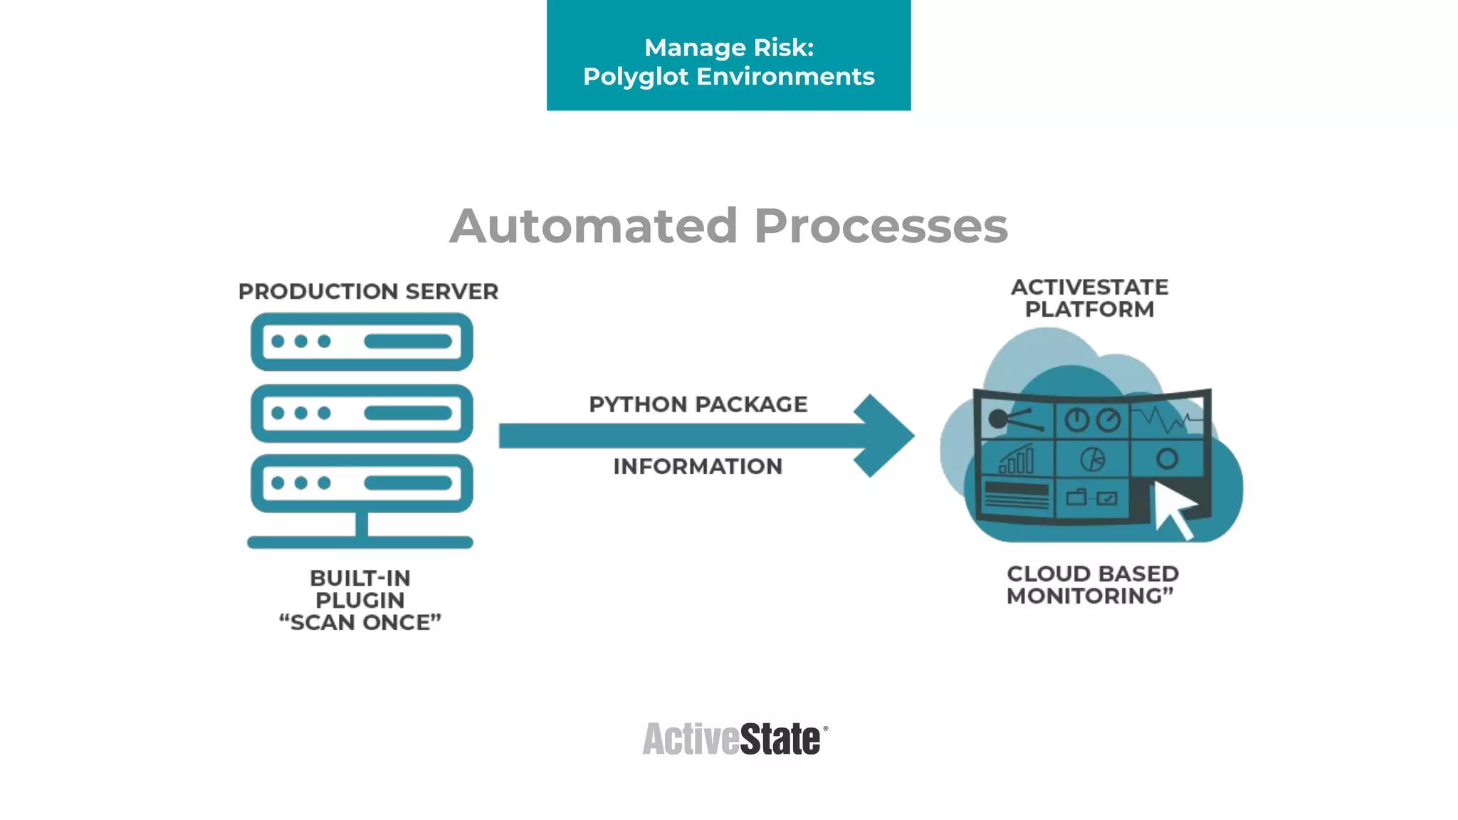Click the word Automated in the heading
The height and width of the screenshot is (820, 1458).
coord(593,226)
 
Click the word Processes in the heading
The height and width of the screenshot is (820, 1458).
coord(881,226)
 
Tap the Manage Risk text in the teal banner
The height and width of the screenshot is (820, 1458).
coord(728,48)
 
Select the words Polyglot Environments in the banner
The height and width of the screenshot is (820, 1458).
coord(728,77)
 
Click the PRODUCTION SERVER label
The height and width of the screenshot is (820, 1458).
coord(368,292)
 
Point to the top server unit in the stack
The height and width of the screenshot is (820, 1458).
coord(362,342)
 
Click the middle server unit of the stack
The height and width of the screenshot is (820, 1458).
coord(362,413)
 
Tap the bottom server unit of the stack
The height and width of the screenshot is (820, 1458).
coord(362,483)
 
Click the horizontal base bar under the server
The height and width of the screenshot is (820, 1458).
coord(360,542)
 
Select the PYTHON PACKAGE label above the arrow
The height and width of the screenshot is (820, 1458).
coord(698,404)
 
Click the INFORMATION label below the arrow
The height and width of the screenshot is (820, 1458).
coord(698,466)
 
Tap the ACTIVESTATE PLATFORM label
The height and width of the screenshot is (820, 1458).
coord(1089,298)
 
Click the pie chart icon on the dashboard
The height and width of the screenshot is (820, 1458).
coord(1092,460)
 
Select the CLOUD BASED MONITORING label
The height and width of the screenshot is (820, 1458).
coord(1092,584)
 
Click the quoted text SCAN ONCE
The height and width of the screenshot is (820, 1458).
coord(360,623)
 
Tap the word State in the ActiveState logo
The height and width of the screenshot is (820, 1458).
coord(780,739)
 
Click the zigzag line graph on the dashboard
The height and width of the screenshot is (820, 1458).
coord(1165,419)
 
